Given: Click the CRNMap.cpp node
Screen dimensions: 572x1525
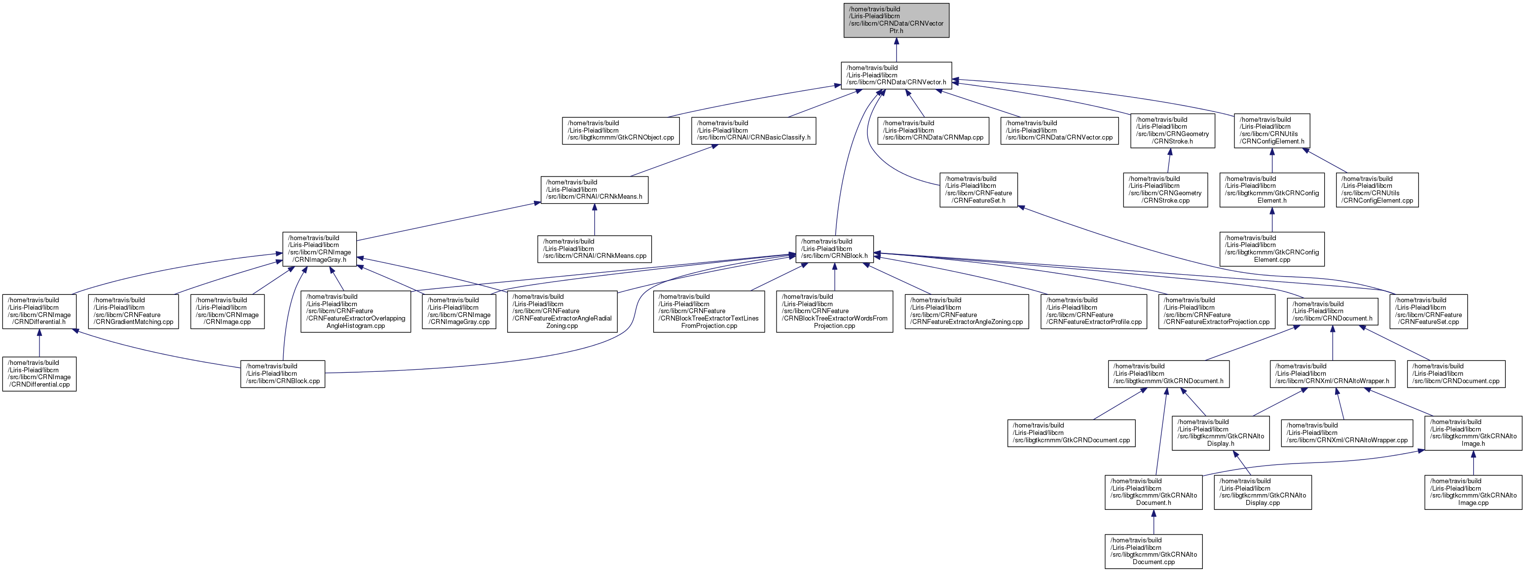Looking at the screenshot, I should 932,131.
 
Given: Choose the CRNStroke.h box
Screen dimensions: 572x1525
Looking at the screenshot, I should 1172,131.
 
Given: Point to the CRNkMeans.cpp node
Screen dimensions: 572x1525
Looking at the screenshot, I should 595,249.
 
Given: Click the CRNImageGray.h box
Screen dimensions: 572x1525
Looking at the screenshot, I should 319,249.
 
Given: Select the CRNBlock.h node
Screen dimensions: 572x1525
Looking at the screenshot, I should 834,249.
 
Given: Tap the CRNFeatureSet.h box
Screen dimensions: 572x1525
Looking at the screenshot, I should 978,190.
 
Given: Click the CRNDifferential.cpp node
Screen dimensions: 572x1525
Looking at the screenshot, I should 39,374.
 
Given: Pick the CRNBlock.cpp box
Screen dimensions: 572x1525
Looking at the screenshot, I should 282,374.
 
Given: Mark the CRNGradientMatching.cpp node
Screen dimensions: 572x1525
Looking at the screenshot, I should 133,311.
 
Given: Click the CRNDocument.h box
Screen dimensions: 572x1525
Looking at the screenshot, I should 1332,311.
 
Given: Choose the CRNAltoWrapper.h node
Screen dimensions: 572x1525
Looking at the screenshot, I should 1332,374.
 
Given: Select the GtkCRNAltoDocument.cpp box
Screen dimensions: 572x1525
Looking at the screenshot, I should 1153,551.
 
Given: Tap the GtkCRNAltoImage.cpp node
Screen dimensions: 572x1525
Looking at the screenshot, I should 1473,492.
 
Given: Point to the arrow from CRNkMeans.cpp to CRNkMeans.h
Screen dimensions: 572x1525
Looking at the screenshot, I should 595,220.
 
